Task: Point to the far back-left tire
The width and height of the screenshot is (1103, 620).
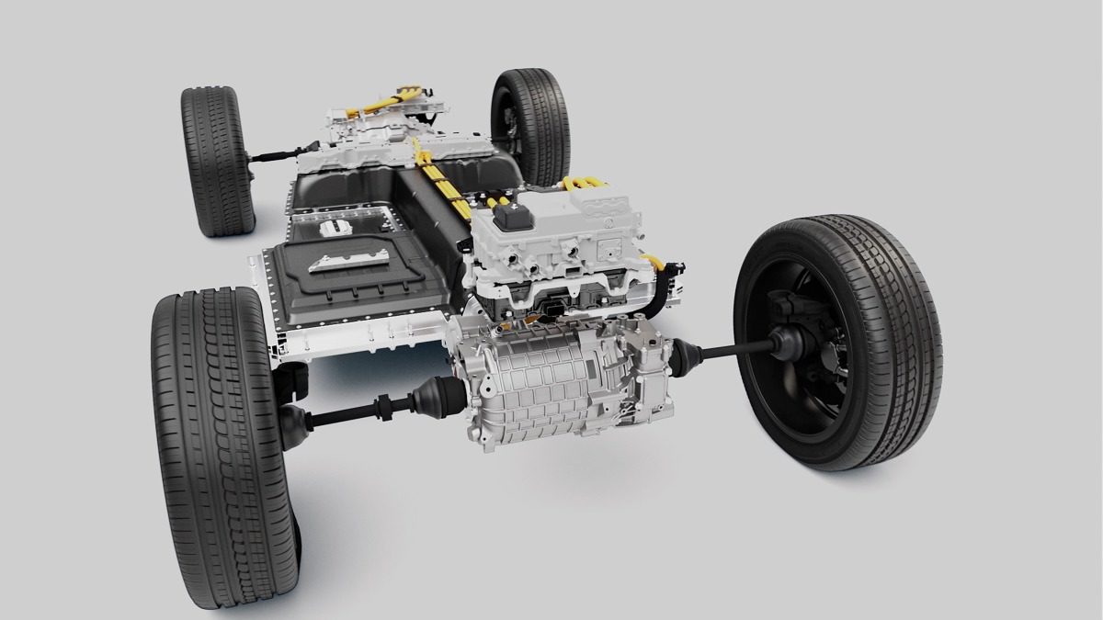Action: point(217,162)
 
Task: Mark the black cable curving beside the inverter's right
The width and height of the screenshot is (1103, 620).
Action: point(664,285)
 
